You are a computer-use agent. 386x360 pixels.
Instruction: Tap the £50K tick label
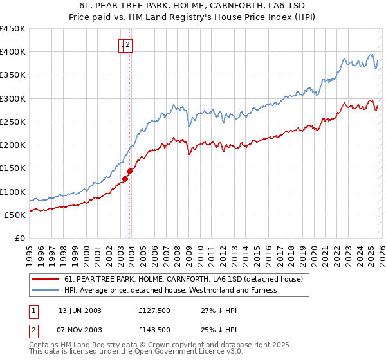pos(15,215)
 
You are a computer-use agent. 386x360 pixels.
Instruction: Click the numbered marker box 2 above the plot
pos(129,45)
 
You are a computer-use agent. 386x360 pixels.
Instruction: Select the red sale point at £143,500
pos(129,171)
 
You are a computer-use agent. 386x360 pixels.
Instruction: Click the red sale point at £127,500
pos(125,179)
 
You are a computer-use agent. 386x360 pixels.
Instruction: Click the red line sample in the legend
pos(45,279)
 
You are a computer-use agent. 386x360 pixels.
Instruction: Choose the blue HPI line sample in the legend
pos(45,290)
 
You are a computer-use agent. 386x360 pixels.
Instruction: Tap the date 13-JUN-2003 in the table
pos(80,310)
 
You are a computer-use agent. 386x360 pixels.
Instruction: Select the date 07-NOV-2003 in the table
pos(80,329)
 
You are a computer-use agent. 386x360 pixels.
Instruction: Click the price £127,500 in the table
pos(154,310)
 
